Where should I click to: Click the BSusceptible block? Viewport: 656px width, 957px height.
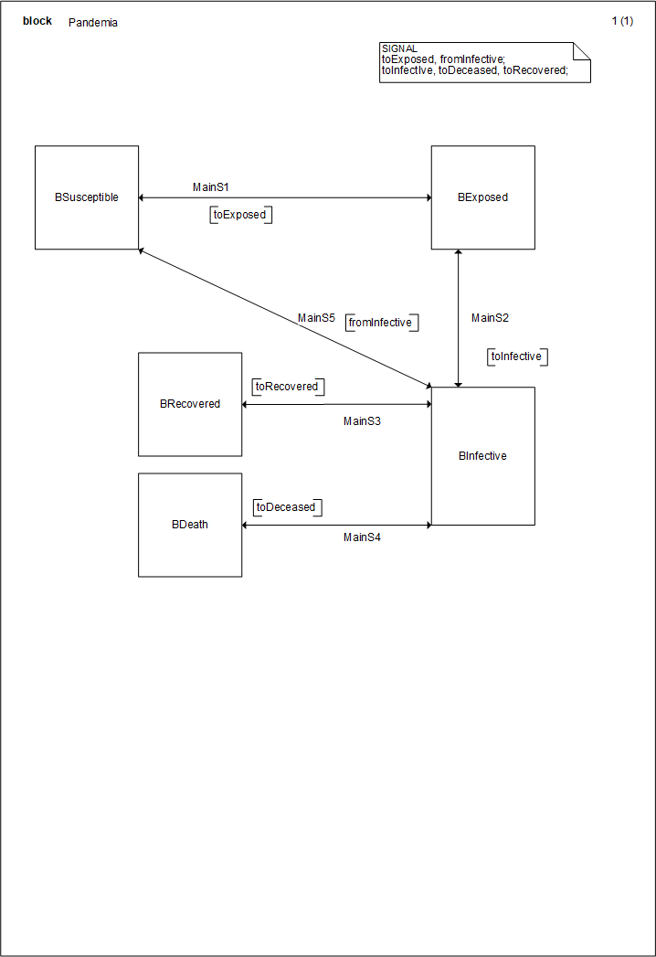tap(87, 197)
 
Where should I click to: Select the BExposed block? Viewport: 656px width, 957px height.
tap(482, 197)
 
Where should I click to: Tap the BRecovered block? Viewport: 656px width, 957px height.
tap(190, 404)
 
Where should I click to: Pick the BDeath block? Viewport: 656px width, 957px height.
tap(190, 525)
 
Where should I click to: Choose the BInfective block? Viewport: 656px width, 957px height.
tap(482, 456)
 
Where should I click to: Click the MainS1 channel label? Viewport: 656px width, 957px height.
tap(211, 187)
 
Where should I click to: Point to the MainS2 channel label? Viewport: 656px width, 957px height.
tap(490, 318)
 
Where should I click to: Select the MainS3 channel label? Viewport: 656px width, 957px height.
tap(362, 421)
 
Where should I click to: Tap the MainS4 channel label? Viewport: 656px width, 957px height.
tap(362, 537)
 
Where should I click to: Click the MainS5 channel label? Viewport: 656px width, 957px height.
tap(316, 318)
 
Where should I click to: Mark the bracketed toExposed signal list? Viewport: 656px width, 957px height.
tap(240, 216)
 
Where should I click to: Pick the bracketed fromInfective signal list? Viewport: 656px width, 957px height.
tap(380, 323)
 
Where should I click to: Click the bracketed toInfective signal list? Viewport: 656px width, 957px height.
tap(516, 356)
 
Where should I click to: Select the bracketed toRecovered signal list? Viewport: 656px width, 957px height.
tap(287, 387)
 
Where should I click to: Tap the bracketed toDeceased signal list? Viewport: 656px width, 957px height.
tap(286, 507)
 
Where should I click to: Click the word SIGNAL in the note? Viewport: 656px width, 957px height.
tap(399, 48)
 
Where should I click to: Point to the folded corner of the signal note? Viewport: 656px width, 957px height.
tap(582, 51)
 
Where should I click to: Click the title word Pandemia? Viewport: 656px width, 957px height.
tap(92, 23)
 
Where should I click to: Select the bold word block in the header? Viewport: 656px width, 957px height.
tap(37, 21)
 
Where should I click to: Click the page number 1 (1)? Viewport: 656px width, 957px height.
tap(622, 22)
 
